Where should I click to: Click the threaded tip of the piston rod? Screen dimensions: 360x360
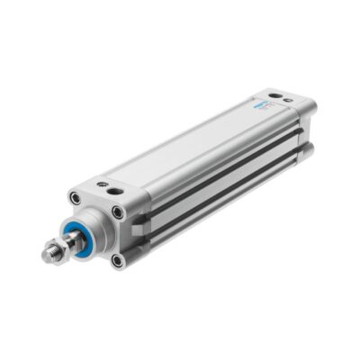pyautogui.click(x=49, y=255)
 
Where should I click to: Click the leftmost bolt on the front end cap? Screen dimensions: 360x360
pyautogui.click(x=74, y=200)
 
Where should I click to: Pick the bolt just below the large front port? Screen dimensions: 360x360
pyautogui.click(x=117, y=212)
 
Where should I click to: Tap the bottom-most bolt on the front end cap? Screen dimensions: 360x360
pyautogui.click(x=116, y=260)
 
